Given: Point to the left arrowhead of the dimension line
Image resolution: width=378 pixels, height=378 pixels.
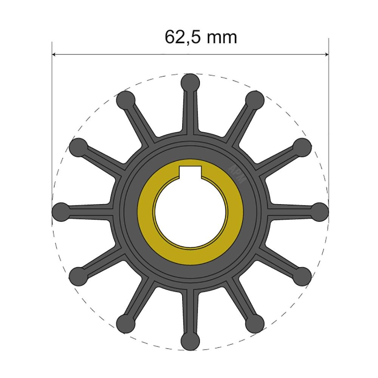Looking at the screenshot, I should pyautogui.click(x=54, y=55).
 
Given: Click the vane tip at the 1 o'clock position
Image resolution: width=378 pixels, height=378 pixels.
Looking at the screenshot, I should pyautogui.click(x=255, y=99).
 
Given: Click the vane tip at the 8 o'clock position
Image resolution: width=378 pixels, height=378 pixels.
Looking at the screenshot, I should pyautogui.click(x=78, y=275).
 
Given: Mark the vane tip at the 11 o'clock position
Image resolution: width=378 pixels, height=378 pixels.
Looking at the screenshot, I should pyautogui.click(x=125, y=99).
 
